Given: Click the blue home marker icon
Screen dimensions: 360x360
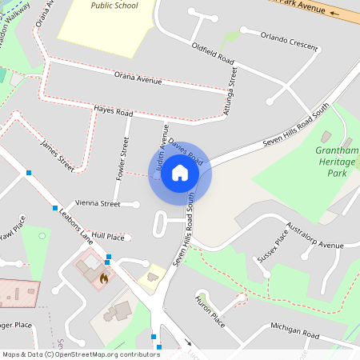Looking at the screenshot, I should click(180, 173).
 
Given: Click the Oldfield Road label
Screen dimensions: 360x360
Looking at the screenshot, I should click(213, 53).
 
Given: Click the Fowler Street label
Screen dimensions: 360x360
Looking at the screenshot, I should click(123, 158).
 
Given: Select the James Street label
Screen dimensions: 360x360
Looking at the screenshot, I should click(57, 156).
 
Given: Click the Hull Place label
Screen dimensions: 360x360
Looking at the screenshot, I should click(108, 237).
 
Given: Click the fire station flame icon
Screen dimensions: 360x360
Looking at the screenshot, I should click(104, 278).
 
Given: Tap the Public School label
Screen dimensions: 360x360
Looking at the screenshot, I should click(114, 6).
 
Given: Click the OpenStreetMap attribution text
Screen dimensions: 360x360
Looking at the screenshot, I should click(80, 354).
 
